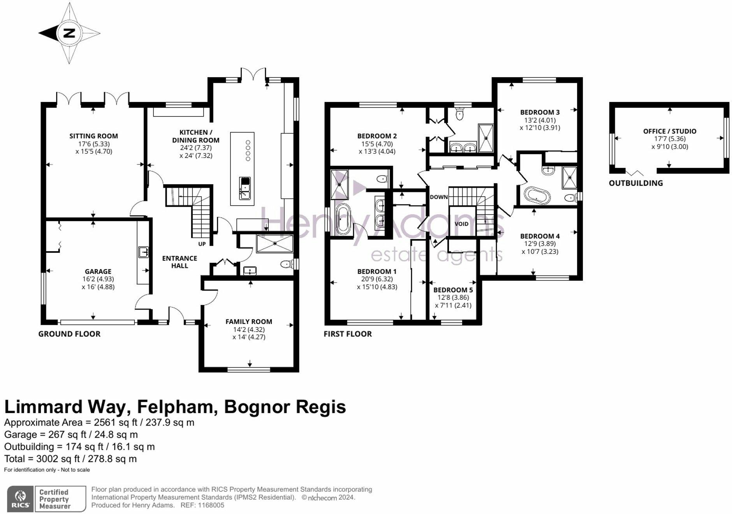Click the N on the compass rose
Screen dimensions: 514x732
tap(69, 33)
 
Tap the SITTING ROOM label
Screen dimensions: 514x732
tap(93, 136)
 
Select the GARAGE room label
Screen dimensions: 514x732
tap(98, 271)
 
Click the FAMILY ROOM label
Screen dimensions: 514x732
tap(248, 322)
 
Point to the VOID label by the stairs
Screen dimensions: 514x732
tap(461, 224)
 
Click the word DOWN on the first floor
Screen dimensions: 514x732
tap(438, 197)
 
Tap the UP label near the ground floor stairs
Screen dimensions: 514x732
tap(202, 244)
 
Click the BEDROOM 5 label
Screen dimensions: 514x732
tap(453, 290)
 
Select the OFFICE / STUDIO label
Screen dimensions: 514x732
tap(669, 131)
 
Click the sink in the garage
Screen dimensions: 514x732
tap(143, 252)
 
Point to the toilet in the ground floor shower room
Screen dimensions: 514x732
tap(287, 264)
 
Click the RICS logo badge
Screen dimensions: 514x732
tap(20, 499)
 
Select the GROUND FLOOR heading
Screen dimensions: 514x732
tap(69, 334)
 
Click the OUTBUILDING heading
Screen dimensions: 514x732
tap(635, 183)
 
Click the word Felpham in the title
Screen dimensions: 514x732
tap(177, 407)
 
